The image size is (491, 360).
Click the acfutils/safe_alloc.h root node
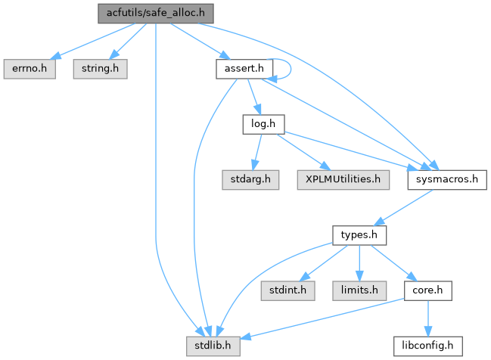click(x=155, y=13)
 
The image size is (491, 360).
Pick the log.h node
click(x=258, y=124)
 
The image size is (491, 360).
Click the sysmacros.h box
click(x=446, y=180)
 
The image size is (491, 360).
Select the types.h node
click(x=360, y=235)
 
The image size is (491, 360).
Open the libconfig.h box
click(x=427, y=346)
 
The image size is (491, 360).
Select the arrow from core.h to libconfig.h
click(x=427, y=318)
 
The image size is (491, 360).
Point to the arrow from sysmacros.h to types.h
click(x=405, y=207)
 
